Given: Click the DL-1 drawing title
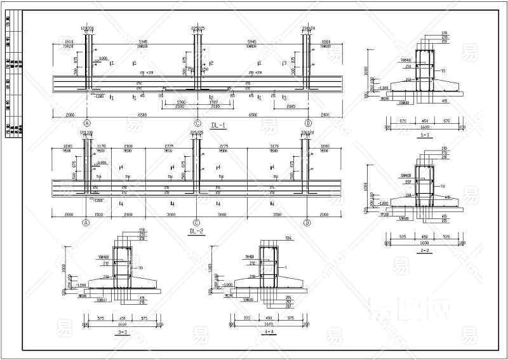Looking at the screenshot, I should pyautogui.click(x=218, y=126).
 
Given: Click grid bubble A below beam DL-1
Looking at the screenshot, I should pyautogui.click(x=87, y=123).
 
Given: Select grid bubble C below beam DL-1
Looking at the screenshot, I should pyautogui.click(x=197, y=123).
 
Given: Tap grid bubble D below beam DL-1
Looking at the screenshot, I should pyautogui.click(x=308, y=123).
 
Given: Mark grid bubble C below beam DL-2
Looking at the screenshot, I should pyautogui.click(x=197, y=223).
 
